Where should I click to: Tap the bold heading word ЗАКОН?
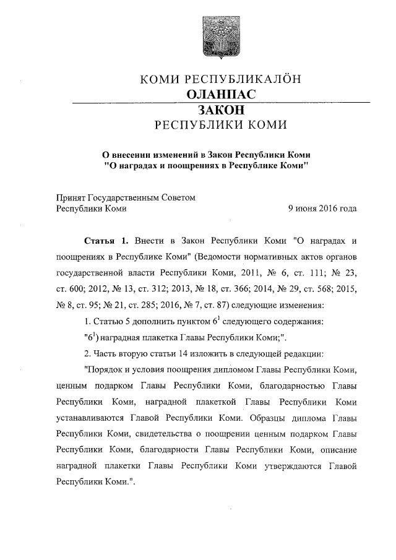tap(221, 110)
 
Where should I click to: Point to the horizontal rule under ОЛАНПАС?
tap(221, 102)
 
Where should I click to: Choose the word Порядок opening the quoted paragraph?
tap(103, 369)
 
